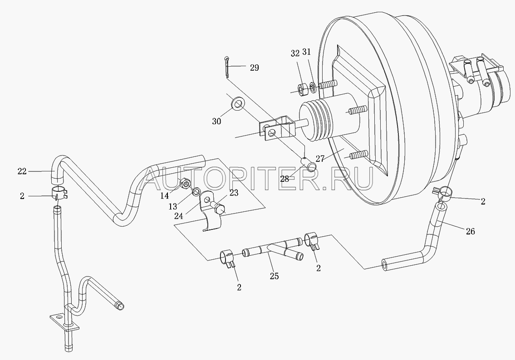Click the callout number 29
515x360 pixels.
tap(254, 68)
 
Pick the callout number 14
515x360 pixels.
tap(165, 195)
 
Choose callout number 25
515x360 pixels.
tap(275, 276)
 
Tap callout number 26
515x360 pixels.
tap(470, 231)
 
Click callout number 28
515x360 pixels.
tap(284, 179)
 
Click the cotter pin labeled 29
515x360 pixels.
tap(228, 67)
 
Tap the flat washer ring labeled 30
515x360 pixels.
tap(237, 103)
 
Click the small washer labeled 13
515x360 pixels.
tap(196, 192)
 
